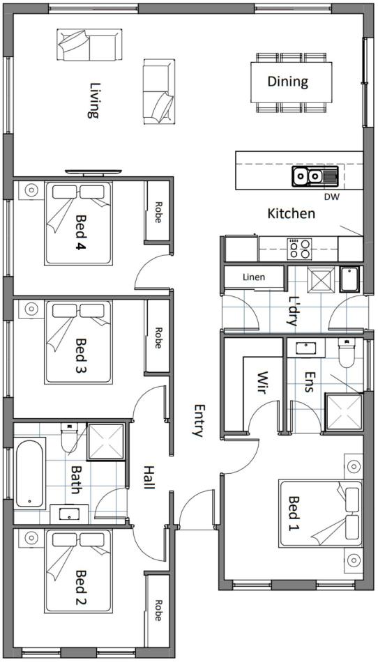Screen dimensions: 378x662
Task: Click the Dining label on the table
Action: [287, 81]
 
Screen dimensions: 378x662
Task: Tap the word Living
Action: [93, 100]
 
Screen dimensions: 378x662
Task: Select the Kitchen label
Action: [292, 214]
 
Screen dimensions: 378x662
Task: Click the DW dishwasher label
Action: [331, 197]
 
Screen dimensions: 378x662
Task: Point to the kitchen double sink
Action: [315, 176]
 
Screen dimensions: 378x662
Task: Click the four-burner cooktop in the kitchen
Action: [299, 249]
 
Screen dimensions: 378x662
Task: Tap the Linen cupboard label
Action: [255, 277]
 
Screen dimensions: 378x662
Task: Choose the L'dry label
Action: [292, 311]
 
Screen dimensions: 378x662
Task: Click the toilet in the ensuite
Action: [347, 353]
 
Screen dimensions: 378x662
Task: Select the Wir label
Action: [263, 383]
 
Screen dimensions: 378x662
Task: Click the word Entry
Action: [199, 420]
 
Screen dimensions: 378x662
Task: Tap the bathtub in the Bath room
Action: [30, 474]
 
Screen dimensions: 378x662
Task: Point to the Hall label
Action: [149, 477]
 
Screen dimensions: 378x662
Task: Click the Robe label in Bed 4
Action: [158, 213]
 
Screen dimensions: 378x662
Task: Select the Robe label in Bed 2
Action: [158, 610]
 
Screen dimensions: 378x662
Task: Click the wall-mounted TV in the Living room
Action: [93, 172]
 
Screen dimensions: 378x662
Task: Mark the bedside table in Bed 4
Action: [31, 190]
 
